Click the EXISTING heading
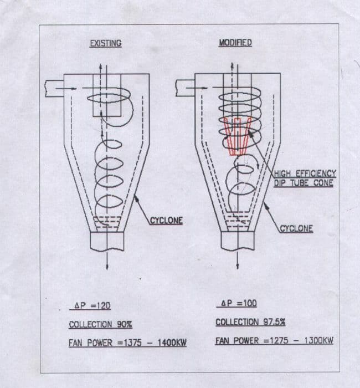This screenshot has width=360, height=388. pos(105,43)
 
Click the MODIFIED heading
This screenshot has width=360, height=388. pos(235,43)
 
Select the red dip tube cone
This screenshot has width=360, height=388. pos(237,136)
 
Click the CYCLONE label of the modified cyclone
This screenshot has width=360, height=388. pos(296,228)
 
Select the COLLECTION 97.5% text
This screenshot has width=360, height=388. pos(250,321)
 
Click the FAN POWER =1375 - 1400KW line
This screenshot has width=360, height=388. pos(127,343)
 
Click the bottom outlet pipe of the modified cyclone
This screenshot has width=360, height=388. pos(237,240)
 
